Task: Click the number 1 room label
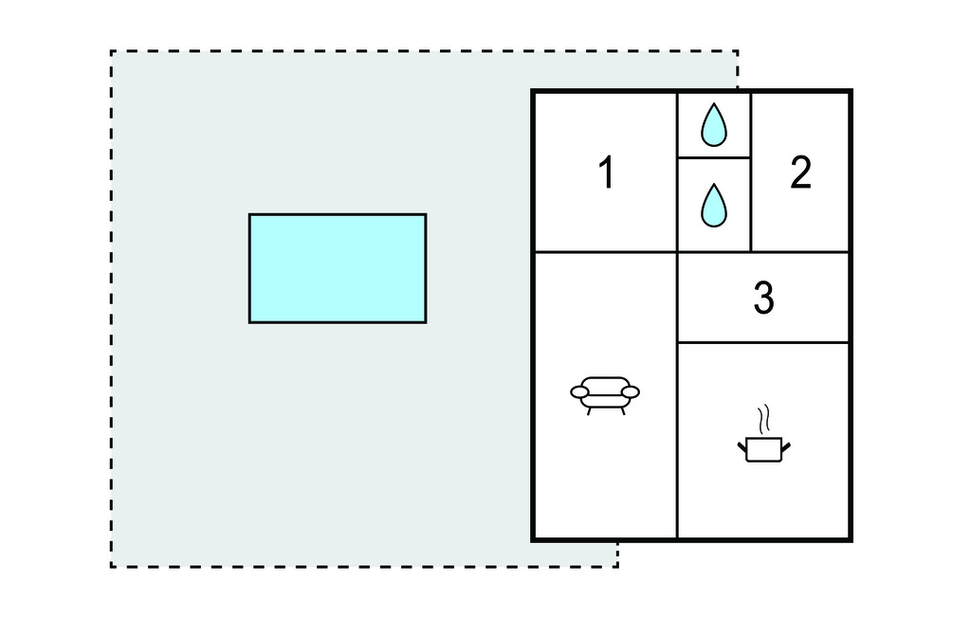tap(607, 173)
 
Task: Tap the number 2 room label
tap(800, 173)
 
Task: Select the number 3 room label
tap(763, 298)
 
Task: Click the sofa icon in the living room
tap(605, 395)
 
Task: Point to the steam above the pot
tap(765, 419)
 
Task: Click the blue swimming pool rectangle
tap(338, 268)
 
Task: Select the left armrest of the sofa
tap(579, 392)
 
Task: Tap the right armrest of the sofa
tap(630, 392)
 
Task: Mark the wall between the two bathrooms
tap(714, 158)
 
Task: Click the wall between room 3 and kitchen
tap(763, 342)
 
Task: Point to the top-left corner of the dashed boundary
tap(112, 51)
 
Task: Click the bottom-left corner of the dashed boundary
tap(112, 566)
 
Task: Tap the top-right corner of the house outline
tap(851, 91)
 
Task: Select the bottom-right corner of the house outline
tap(851, 540)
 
